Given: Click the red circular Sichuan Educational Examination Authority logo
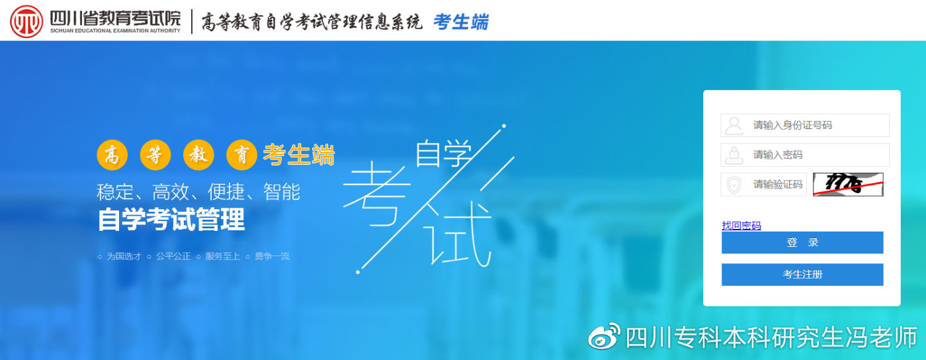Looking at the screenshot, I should pyautogui.click(x=26, y=21).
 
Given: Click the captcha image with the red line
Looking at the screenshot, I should pyautogui.click(x=848, y=185).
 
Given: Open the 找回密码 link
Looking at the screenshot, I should pyautogui.click(x=741, y=226).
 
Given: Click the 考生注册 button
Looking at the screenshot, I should pyautogui.click(x=802, y=275).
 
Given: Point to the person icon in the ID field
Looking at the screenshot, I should pyautogui.click(x=734, y=125).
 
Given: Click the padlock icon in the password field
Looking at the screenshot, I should pyautogui.click(x=734, y=155).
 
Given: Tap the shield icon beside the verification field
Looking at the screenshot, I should pyautogui.click(x=734, y=185).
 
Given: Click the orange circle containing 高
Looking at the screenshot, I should pyautogui.click(x=112, y=156).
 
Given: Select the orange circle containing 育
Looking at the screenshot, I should pyautogui.click(x=241, y=156).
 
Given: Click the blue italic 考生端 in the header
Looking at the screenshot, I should pyautogui.click(x=461, y=22).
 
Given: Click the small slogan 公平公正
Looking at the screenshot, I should pyautogui.click(x=173, y=256).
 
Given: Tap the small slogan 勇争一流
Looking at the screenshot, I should pyautogui.click(x=272, y=256).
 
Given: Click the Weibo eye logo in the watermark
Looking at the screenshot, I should pyautogui.click(x=604, y=337).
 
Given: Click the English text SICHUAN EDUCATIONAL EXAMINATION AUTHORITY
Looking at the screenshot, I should pyautogui.click(x=115, y=30).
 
